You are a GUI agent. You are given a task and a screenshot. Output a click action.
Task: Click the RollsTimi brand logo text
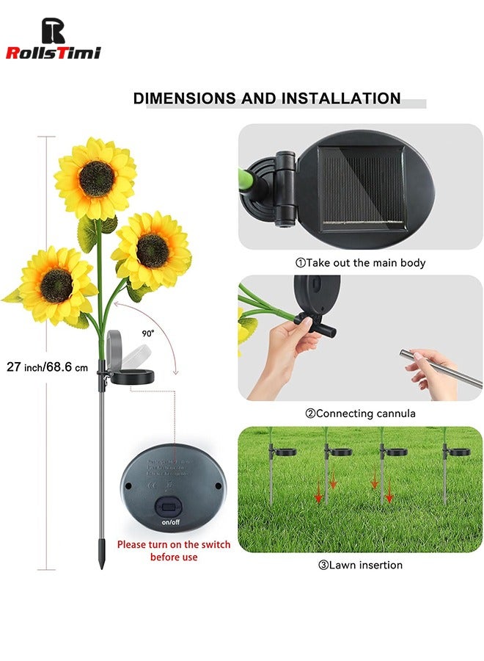tap(53, 52)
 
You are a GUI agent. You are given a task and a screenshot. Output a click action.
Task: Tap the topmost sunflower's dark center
tap(97, 178)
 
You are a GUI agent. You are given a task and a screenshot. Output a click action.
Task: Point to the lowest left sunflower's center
tap(56, 285)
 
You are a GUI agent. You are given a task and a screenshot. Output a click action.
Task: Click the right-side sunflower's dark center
tap(153, 250)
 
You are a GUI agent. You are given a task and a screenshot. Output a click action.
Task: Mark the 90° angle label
tap(148, 333)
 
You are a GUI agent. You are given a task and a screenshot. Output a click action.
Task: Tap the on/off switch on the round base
tap(169, 507)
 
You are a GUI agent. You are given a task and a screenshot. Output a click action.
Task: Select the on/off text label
tap(169, 523)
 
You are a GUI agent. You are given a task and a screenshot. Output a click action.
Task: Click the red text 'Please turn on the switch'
tap(174, 545)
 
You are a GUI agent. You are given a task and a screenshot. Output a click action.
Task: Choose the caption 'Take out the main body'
tap(364, 262)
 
